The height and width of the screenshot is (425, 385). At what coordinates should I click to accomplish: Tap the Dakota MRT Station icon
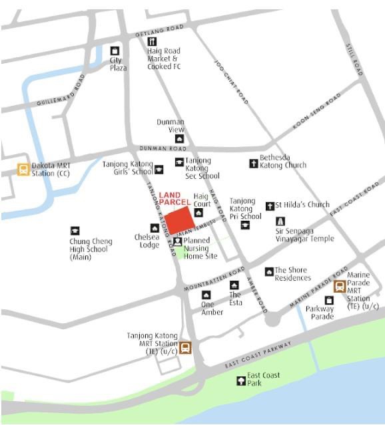[23, 169]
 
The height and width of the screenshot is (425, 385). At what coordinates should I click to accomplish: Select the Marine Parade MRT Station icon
[340, 287]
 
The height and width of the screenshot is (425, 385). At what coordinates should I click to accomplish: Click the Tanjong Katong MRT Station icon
[185, 347]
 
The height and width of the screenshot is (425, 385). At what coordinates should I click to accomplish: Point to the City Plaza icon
[115, 51]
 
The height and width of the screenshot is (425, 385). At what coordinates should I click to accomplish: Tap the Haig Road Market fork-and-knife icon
[152, 41]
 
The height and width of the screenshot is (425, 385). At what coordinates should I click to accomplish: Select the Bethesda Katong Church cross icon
[253, 162]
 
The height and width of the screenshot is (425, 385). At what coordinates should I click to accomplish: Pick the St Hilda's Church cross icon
[270, 206]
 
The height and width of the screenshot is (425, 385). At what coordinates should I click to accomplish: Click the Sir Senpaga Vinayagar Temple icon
[280, 221]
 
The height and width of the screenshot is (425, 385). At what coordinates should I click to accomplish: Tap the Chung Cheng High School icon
[75, 231]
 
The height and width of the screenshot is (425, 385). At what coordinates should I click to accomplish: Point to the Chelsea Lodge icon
[154, 228]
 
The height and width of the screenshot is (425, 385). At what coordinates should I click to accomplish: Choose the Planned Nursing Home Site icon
[178, 241]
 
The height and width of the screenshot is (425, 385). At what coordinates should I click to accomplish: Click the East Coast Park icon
[241, 380]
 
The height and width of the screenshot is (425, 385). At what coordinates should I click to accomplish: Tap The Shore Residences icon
[268, 271]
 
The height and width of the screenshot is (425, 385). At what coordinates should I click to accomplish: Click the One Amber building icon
[206, 295]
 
